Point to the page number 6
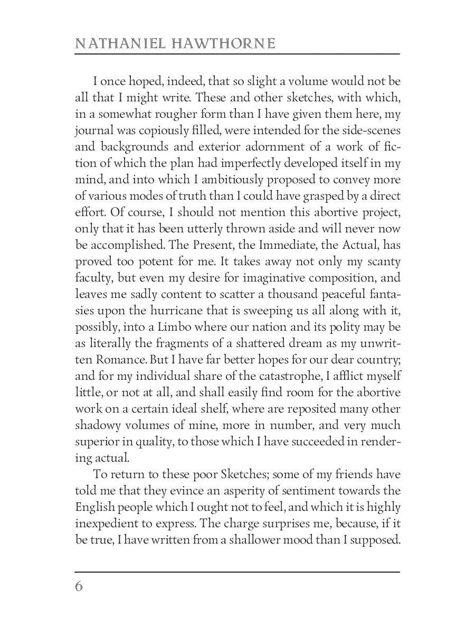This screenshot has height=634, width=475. [x=79, y=586]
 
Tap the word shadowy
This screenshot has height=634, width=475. [x=96, y=425]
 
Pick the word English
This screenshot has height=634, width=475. [x=93, y=507]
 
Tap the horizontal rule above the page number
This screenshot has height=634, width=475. [x=237, y=572]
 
